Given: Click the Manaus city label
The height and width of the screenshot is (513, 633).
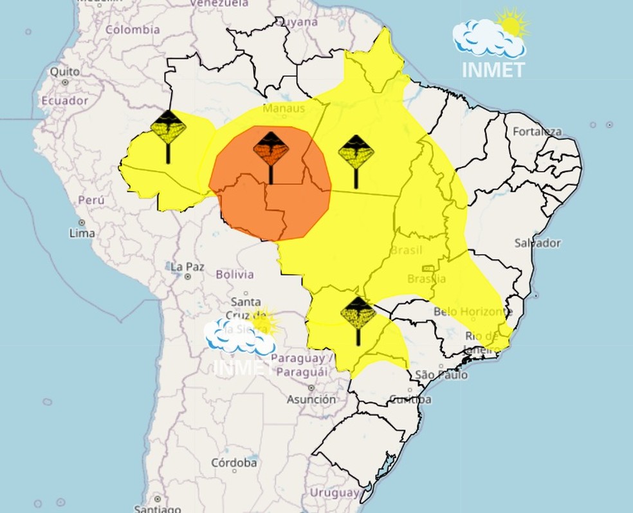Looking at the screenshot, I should (x=283, y=107).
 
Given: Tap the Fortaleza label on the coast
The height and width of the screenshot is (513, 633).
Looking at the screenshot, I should (x=537, y=132).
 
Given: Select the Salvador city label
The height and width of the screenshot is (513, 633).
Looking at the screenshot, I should (x=537, y=243).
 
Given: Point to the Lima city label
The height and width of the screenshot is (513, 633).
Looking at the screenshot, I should (x=83, y=233).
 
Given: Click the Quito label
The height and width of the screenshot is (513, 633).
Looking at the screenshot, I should (x=64, y=71).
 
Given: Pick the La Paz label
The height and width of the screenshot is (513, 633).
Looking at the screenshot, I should (x=187, y=266).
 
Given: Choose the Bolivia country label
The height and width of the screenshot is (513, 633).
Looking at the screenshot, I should (x=234, y=274).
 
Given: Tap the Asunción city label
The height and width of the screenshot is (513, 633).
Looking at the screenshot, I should (x=311, y=399).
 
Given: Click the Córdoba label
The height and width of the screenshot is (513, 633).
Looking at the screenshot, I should (x=234, y=463).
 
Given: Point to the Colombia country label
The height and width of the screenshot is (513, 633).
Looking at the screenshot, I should (x=133, y=30).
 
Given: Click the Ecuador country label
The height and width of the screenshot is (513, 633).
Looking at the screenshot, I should (x=64, y=100).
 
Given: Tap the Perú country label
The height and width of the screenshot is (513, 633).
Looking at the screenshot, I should (x=91, y=200).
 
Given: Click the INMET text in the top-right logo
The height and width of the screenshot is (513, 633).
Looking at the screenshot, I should (x=493, y=69).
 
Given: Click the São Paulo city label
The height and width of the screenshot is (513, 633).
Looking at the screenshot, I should (x=441, y=375).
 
